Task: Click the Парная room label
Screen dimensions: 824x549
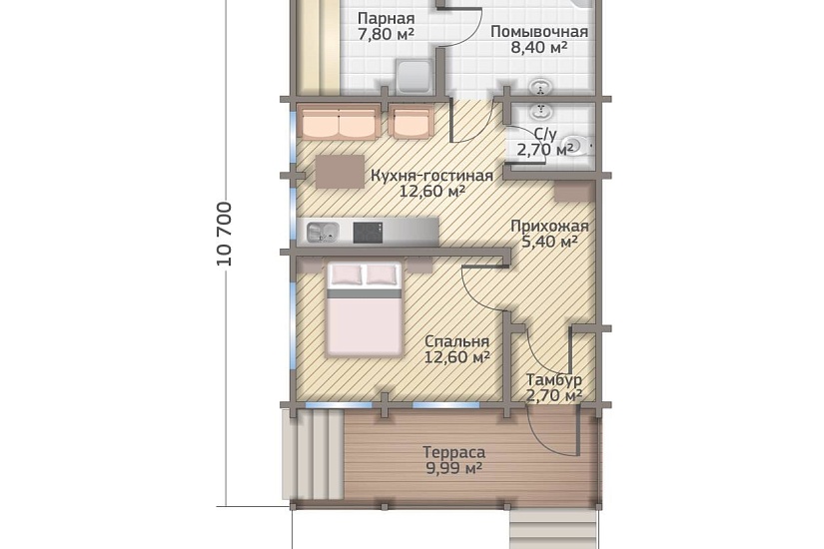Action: coord(386,19)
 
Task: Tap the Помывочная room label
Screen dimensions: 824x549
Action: coord(539,32)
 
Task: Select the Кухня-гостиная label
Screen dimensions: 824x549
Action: coord(431,175)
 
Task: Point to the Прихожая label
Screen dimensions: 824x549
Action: coord(549,227)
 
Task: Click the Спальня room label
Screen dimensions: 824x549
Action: coord(456,341)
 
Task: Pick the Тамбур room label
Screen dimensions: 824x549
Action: coord(554,379)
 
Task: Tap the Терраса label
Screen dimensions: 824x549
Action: coord(454,452)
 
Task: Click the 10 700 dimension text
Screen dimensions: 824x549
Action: coord(225,234)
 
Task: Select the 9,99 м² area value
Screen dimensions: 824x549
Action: coord(454,468)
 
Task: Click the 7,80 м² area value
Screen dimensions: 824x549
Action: coord(386,35)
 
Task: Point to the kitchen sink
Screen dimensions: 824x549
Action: coord(323,232)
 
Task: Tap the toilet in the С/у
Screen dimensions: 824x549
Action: coord(576,146)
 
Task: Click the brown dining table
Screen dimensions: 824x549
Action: coord(340,172)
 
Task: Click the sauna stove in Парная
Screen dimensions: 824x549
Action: coord(413,77)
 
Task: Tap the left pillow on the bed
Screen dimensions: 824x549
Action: coord(345,274)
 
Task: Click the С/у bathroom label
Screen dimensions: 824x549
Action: coord(544,135)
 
